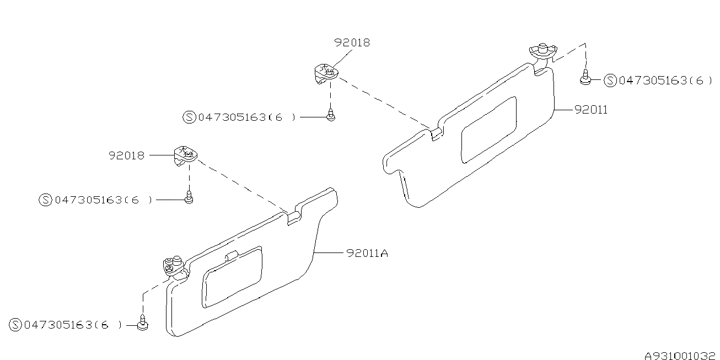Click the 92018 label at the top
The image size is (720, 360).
[x=351, y=42]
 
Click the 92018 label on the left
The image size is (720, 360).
[x=126, y=156]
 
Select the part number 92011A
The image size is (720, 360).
[x=367, y=254]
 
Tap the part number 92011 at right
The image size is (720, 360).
[x=590, y=110]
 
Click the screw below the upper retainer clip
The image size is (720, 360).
[x=330, y=116]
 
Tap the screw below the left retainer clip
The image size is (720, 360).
[x=189, y=197]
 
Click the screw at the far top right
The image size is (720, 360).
[x=585, y=79]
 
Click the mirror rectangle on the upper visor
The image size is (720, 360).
[x=488, y=130]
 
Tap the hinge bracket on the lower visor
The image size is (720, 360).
[x=174, y=266]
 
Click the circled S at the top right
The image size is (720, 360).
[x=610, y=81]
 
